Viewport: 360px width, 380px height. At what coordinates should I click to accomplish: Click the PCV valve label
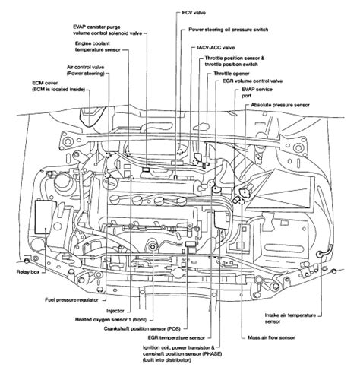[x=194, y=13]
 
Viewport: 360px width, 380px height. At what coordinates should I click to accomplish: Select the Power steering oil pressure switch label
[x=228, y=30]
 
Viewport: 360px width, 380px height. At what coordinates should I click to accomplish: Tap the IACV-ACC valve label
[x=216, y=48]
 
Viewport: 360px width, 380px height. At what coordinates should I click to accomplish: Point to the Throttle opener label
[x=232, y=74]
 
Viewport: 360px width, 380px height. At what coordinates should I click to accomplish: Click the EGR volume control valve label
[x=252, y=81]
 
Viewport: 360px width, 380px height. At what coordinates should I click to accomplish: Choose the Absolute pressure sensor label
[x=280, y=105]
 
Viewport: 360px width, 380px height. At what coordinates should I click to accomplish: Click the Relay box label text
[x=28, y=272]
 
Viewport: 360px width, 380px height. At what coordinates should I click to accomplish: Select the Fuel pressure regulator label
[x=71, y=300]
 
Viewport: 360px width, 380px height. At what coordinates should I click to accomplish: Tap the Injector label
[x=115, y=311]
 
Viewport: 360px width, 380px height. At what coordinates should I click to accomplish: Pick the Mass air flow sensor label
[x=271, y=337]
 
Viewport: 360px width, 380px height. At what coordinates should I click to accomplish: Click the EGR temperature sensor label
[x=176, y=338]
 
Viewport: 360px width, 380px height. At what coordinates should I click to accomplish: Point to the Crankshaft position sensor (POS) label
[x=142, y=329]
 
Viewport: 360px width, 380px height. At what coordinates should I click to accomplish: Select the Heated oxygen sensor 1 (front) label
[x=111, y=320]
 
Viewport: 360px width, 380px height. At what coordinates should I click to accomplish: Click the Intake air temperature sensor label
[x=290, y=318]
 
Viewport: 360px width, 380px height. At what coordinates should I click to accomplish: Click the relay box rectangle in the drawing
[x=46, y=217]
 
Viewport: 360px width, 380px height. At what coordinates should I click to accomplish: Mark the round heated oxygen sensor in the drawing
[x=153, y=247]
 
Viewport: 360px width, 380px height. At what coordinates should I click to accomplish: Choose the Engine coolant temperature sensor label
[x=98, y=47]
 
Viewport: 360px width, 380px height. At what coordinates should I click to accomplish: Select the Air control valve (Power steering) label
[x=86, y=71]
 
